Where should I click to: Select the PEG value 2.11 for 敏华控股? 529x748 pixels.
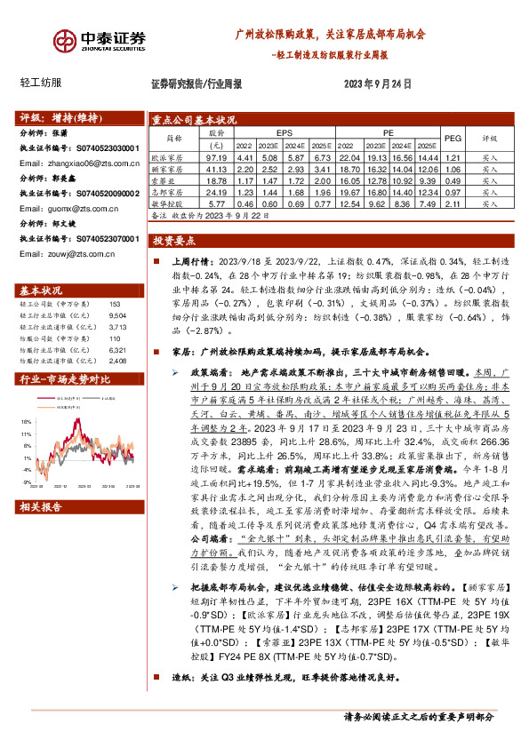453,203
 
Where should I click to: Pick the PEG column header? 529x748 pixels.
453,139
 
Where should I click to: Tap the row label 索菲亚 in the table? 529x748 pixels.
172,179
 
